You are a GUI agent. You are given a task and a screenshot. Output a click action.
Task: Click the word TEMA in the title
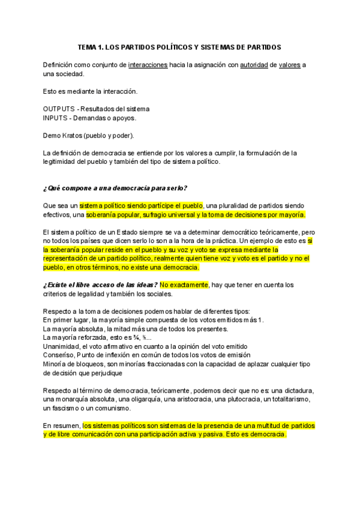pos(89,46)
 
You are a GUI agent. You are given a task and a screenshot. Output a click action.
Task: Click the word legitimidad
pos(62,161)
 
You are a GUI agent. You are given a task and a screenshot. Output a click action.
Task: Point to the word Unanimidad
pos(63,346)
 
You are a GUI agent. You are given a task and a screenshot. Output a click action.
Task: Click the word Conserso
pos(58,355)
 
